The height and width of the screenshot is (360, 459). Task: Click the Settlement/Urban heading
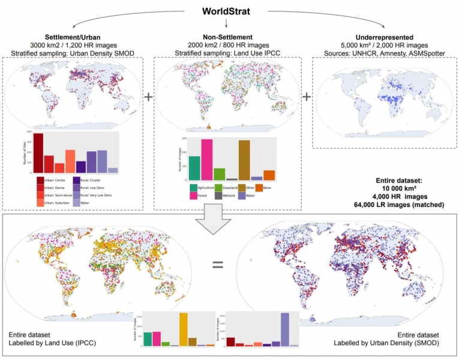[x=74, y=37]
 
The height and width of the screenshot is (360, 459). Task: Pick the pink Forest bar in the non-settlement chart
[x=206, y=160]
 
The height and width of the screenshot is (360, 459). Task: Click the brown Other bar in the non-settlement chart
[x=244, y=160]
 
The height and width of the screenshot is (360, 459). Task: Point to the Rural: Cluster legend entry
[x=92, y=179]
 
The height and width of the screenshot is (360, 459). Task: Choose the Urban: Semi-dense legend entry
[x=55, y=194]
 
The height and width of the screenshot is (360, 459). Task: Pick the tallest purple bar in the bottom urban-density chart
[x=284, y=329]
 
